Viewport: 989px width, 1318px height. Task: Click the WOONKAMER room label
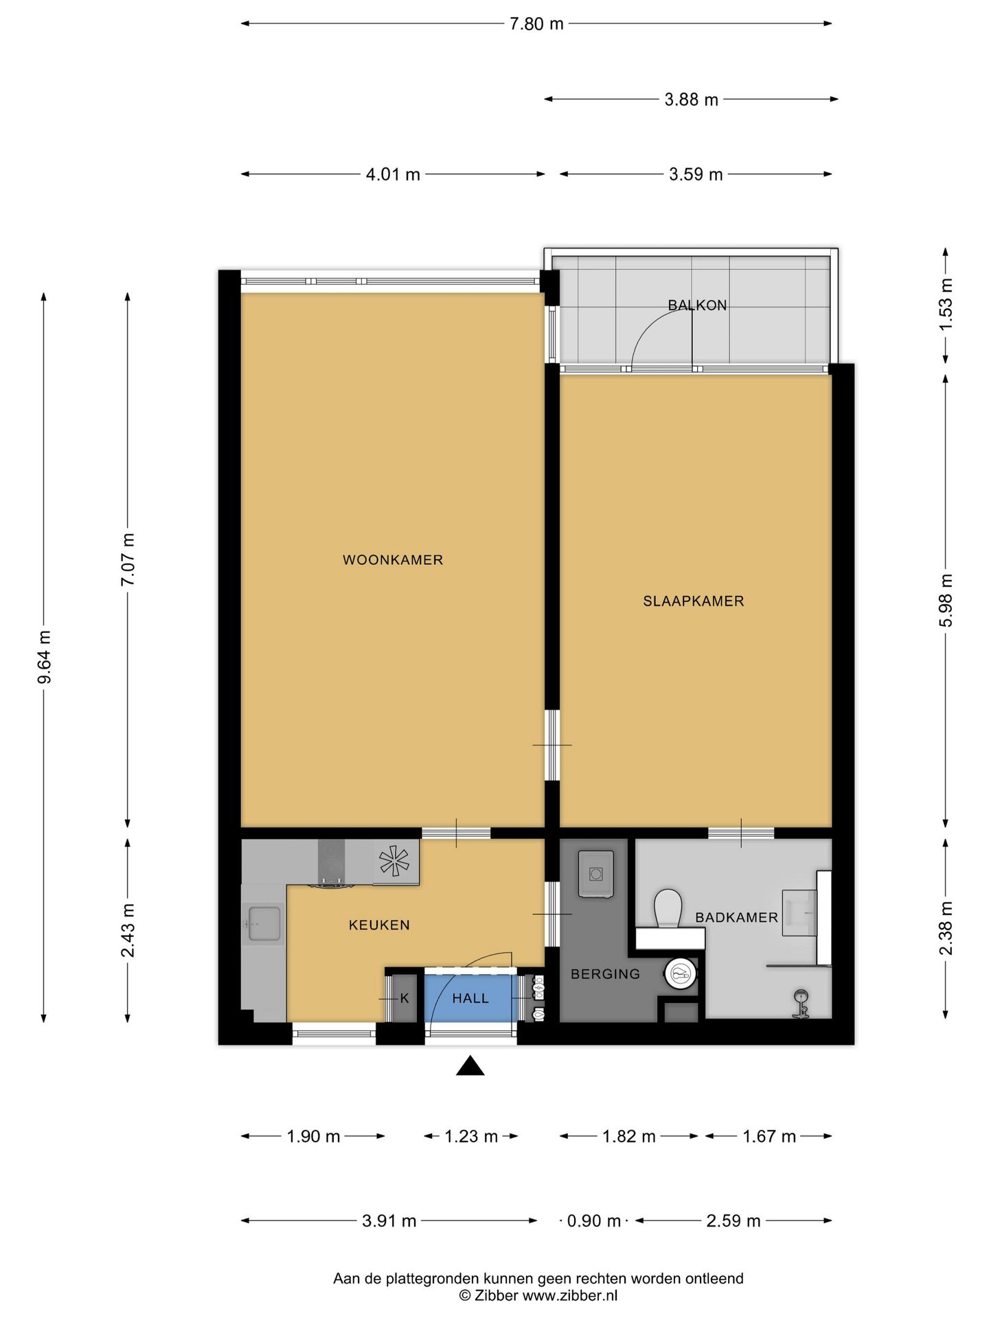(393, 560)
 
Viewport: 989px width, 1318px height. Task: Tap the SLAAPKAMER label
(694, 601)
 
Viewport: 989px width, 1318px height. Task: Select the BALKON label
(698, 305)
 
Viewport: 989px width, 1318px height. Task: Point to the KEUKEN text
(379, 925)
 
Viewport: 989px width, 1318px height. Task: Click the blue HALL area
(470, 997)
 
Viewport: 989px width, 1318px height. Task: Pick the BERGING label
(605, 974)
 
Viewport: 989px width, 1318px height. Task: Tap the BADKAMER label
(736, 918)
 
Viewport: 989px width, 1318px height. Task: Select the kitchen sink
(264, 924)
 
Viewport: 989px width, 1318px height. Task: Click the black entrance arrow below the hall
(470, 1065)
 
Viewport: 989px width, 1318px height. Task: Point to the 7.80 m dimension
(536, 24)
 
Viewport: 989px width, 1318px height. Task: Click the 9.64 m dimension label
(45, 658)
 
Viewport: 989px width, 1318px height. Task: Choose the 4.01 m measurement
(393, 174)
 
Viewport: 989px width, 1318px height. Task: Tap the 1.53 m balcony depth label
(946, 303)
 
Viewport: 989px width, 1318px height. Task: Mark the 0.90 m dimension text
(594, 1221)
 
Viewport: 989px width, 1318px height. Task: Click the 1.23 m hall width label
(471, 1137)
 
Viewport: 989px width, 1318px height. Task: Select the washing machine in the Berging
(595, 874)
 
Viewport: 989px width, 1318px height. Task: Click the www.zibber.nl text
(570, 1295)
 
